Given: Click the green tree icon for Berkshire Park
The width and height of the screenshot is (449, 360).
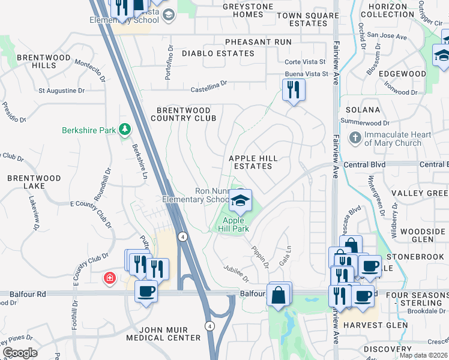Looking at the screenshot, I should tap(125, 130).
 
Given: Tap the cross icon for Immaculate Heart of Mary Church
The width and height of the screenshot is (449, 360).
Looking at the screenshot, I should tap(355, 139).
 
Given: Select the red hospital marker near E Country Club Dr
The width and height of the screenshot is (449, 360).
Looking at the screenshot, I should tap(109, 278).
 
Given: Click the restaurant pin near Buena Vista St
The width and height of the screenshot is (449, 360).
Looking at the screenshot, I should tap(294, 90).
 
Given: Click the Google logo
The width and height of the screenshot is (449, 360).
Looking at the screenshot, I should tap(20, 353).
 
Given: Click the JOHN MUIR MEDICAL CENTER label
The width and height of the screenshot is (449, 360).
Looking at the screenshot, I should tap(163, 334).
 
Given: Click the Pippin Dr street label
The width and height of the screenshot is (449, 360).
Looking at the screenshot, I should tap(259, 252).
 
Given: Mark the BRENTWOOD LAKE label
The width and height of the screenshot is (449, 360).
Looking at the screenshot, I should tap(34, 182).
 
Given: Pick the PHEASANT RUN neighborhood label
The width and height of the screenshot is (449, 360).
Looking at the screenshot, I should tap(258, 42).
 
